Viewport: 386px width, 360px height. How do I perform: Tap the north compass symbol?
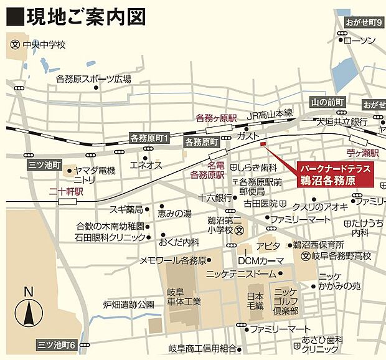[x=27, y=311]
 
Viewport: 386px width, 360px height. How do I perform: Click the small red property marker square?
[x=262, y=145]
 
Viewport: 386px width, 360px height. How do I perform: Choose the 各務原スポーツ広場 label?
[x=93, y=79]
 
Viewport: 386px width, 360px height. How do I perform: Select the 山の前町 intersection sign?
[x=327, y=102]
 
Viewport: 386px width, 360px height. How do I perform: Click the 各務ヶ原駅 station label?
[x=217, y=118]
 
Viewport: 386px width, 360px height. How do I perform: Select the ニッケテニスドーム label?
[x=240, y=273]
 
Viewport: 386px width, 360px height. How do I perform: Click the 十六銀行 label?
[x=215, y=197]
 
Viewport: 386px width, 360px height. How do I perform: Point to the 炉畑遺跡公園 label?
[x=128, y=305]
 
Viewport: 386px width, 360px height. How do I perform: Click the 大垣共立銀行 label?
[x=340, y=121]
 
